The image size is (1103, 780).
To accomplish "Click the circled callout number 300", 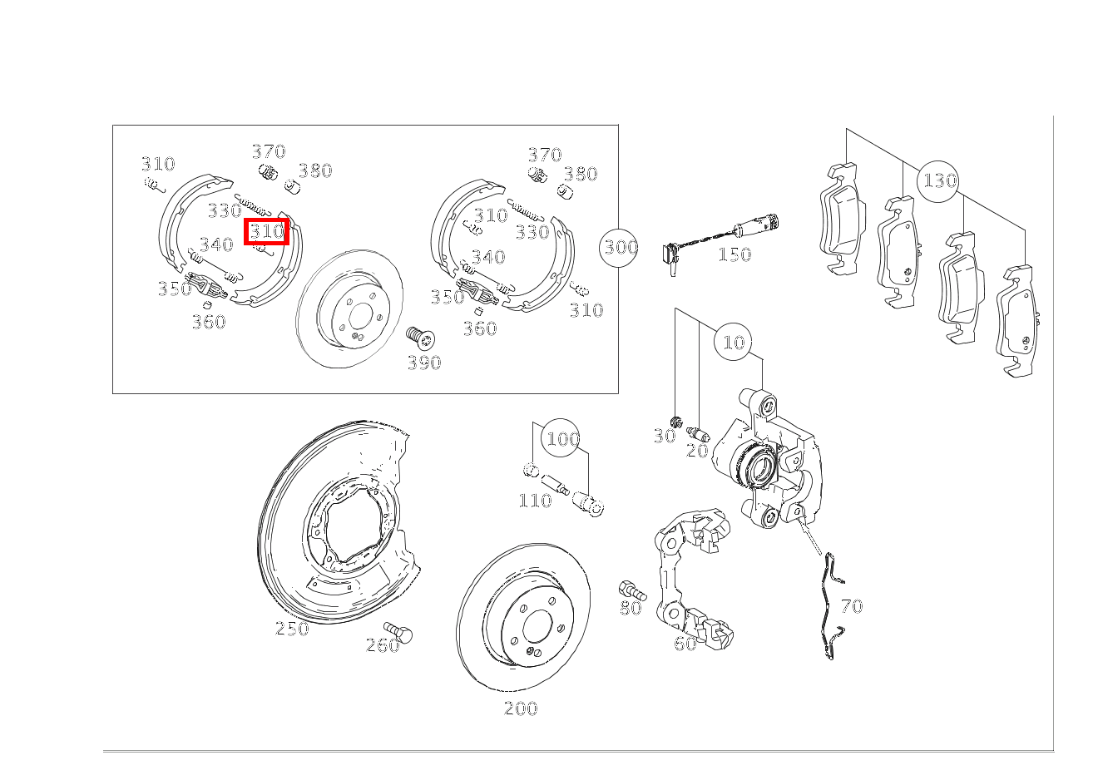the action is (619, 248).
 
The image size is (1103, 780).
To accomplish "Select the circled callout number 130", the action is (938, 181).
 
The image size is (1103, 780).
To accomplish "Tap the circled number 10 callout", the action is (733, 342).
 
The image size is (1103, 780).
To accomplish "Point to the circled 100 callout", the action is (561, 438).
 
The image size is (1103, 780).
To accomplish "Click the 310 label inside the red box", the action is (267, 231).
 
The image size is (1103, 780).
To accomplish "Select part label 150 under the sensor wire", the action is (735, 254).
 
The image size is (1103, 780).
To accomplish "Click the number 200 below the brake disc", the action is (521, 708).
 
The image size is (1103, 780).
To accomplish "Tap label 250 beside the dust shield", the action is (292, 629).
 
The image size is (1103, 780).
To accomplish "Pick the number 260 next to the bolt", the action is (383, 645).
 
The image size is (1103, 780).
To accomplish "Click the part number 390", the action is (424, 363).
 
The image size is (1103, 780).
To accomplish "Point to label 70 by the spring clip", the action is (852, 606).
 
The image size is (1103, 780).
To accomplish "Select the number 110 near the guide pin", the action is (535, 501).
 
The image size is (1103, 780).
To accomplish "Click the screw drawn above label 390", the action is (420, 338).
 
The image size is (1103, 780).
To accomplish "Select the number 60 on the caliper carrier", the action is (685, 643).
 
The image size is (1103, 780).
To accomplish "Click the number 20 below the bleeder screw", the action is (697, 451).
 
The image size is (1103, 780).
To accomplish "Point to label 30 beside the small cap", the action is (665, 436).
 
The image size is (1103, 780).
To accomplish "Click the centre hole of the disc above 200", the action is (537, 626).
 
